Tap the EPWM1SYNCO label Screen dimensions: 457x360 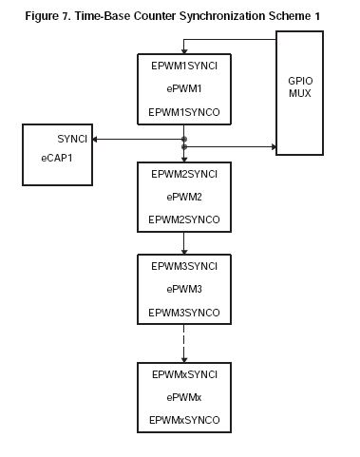(x=183, y=113)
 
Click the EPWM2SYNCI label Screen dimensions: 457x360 (x=183, y=175)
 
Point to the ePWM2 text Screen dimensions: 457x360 (x=183, y=198)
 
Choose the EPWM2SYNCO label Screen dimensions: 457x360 (x=183, y=219)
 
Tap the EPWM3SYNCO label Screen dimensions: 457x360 (x=183, y=312)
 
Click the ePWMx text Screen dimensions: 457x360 (x=183, y=396)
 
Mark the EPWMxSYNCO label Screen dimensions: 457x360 (x=183, y=418)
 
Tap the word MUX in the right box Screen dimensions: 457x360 (x=302, y=97)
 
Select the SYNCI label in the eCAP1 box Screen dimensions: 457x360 (x=72, y=140)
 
